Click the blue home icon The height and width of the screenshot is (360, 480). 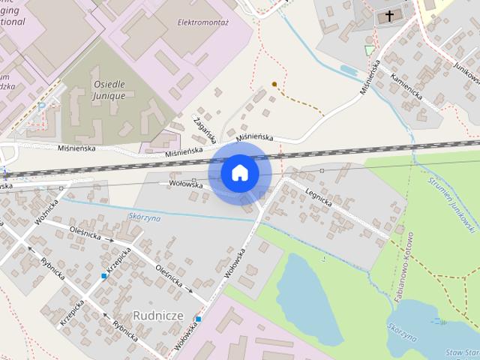click(239, 172)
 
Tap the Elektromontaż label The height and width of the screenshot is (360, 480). click(202, 22)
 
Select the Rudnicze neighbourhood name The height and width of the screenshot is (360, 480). click(157, 314)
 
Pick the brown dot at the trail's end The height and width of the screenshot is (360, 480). click(274, 83)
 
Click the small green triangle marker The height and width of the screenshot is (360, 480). click(368, 49)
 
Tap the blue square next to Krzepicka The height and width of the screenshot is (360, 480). click(104, 276)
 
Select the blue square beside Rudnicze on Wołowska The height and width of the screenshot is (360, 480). click(198, 319)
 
